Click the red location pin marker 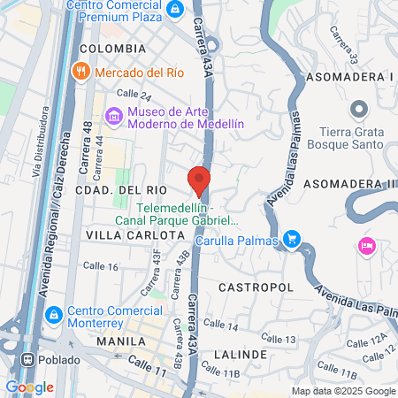click(199, 180)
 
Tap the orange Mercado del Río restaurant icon click(81, 71)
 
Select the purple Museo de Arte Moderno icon click(112, 117)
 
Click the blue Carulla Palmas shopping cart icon click(294, 240)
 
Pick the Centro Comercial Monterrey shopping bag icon click(53, 314)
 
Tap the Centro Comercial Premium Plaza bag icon click(175, 9)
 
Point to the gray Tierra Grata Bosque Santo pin click(358, 109)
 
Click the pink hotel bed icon click(365, 245)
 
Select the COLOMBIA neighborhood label click(112, 48)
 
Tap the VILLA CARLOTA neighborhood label click(135, 236)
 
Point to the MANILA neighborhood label click(121, 341)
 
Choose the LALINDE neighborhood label click(241, 354)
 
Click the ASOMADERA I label click(347, 78)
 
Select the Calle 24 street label click(134, 96)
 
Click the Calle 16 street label click(100, 265)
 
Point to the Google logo click(29, 387)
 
